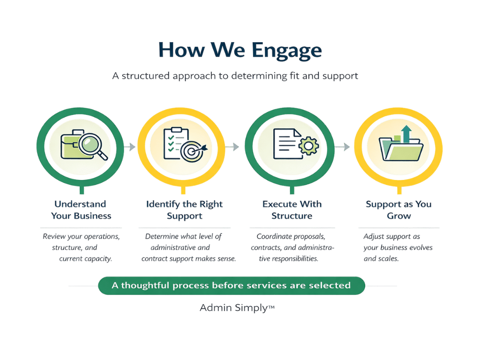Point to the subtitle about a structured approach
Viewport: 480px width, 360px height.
click(x=235, y=75)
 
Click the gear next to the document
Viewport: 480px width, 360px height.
click(x=308, y=146)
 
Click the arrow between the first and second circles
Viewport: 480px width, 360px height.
click(x=130, y=147)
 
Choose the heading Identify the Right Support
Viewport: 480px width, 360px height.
click(x=184, y=210)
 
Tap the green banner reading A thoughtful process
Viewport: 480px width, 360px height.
click(x=231, y=285)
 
